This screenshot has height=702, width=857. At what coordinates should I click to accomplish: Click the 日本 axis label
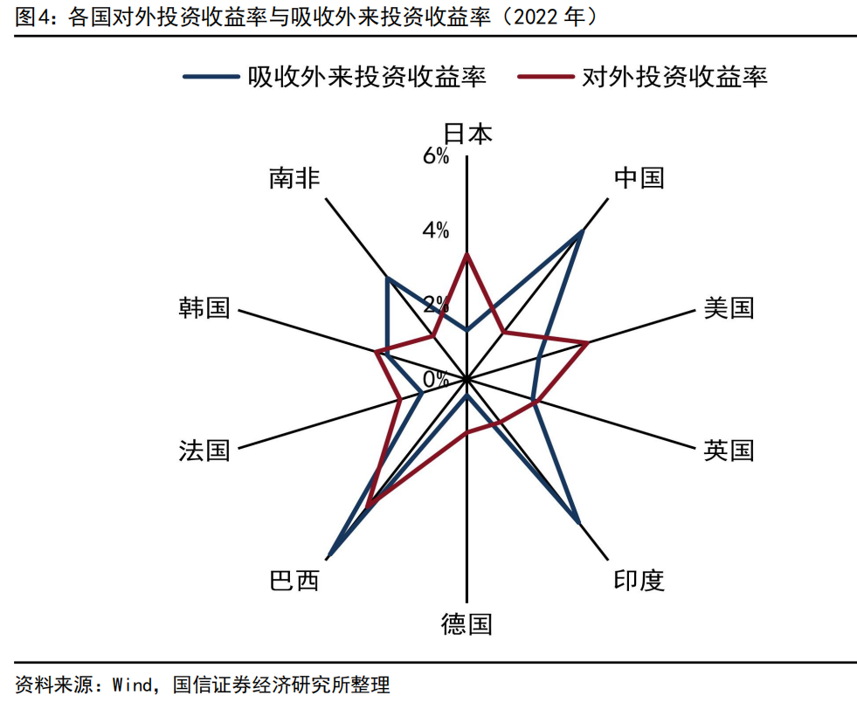(467, 134)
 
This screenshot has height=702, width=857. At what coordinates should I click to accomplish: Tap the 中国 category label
(639, 178)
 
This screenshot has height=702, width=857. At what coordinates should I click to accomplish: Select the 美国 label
(728, 308)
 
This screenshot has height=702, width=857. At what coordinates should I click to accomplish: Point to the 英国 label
(728, 451)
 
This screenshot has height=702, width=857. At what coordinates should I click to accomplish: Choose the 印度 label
(639, 581)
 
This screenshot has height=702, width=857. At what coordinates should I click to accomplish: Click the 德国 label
(467, 625)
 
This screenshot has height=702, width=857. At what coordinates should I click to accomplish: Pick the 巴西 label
(295, 581)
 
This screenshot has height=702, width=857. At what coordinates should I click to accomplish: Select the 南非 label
(295, 178)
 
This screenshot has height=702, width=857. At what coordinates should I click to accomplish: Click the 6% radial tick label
(436, 156)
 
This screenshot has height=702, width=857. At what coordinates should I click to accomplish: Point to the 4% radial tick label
(436, 231)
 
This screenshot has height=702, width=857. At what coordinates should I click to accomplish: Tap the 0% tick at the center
(436, 379)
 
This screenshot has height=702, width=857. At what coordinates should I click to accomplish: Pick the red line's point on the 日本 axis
(467, 254)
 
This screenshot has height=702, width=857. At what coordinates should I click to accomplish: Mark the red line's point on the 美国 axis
(587, 343)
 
